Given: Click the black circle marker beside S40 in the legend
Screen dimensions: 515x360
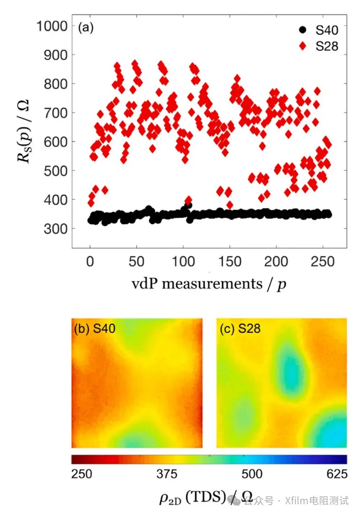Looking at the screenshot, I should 303,30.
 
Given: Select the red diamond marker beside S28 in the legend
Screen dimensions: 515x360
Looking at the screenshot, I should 303,46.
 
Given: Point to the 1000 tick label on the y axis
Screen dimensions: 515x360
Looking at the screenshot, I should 52,26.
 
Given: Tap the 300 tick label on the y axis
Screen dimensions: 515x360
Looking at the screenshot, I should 55,229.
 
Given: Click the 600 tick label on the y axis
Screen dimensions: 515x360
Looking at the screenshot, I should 55,142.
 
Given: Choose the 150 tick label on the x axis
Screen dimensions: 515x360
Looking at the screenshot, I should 230,261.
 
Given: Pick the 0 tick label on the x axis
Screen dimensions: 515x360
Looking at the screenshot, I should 90,261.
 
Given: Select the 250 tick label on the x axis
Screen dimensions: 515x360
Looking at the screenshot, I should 323,261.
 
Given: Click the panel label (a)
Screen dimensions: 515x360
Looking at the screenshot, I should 86,27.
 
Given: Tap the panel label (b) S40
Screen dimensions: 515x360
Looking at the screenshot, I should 94,328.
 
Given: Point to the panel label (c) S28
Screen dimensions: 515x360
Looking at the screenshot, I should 240,328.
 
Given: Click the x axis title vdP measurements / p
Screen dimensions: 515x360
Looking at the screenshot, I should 209,284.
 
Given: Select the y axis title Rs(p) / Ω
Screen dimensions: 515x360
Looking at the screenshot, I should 24,131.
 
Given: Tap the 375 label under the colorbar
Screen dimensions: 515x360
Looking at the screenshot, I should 167,474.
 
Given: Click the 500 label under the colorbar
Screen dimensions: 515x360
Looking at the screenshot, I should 252,474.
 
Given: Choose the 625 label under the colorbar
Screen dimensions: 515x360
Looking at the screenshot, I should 337,474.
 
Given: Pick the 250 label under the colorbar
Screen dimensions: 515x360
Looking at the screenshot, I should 82,474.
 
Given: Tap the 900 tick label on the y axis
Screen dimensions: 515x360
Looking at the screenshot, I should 55,55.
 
